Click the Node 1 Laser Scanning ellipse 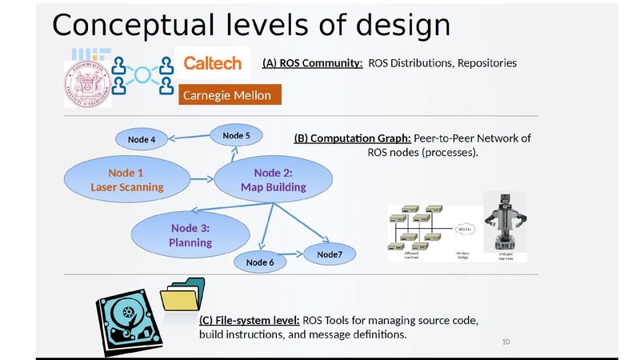[x=126, y=180]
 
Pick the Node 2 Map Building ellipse [x=273, y=180]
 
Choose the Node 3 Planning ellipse [x=190, y=234]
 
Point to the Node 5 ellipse [x=236, y=136]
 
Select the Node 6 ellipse [x=260, y=262]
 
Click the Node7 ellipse [x=329, y=254]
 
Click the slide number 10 [x=506, y=343]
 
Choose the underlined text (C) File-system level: [x=249, y=320]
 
